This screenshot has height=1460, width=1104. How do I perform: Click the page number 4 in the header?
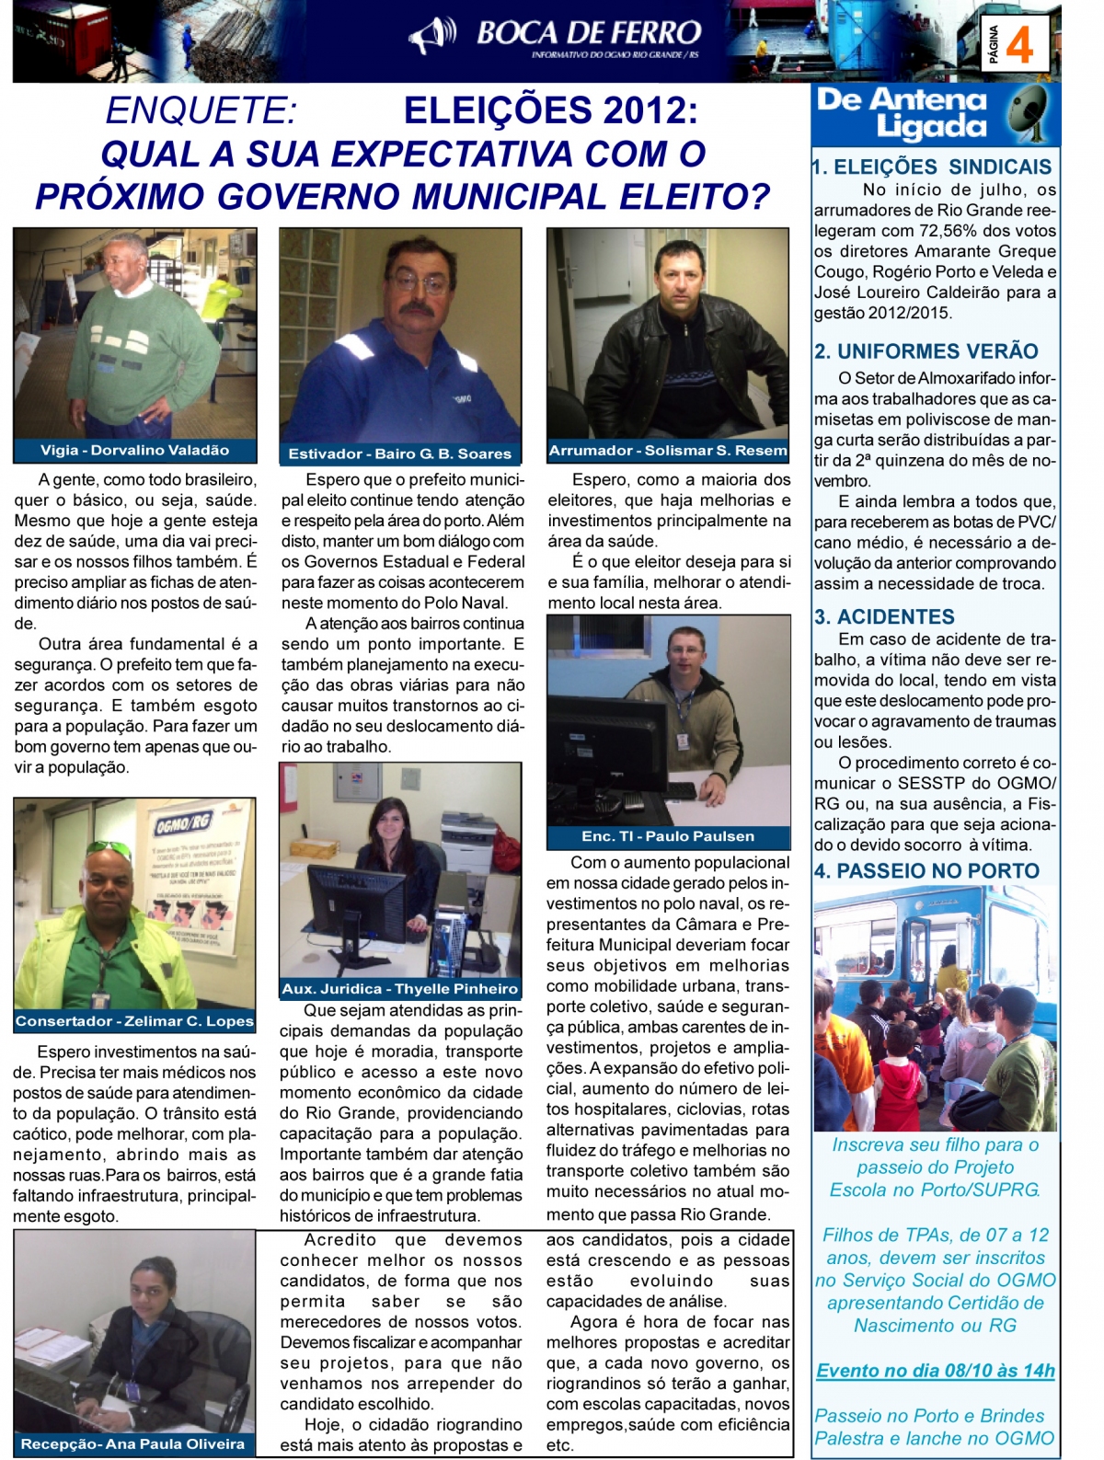tap(1019, 44)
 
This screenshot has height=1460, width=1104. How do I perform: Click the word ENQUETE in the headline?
tap(201, 110)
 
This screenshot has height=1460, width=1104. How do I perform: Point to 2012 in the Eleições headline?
tap(645, 110)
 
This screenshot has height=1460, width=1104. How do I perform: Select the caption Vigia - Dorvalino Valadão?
tap(134, 450)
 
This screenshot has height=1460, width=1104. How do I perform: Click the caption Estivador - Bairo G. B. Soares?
tap(399, 454)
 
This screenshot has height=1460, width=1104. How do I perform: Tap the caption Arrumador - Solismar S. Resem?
tap(668, 450)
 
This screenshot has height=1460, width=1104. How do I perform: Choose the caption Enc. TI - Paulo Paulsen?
tap(668, 836)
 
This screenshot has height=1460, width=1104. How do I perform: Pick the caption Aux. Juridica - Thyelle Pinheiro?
tap(400, 989)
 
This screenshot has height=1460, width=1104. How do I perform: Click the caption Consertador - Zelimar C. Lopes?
tap(134, 1021)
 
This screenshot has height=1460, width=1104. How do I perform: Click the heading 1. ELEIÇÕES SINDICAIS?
tap(932, 167)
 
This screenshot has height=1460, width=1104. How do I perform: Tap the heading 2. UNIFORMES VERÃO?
tap(926, 351)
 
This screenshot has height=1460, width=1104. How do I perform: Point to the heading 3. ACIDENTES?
tap(884, 616)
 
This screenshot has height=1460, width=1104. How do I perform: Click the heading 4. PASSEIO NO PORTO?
tap(926, 870)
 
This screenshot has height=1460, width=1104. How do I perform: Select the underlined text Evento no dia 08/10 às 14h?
tap(936, 1370)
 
